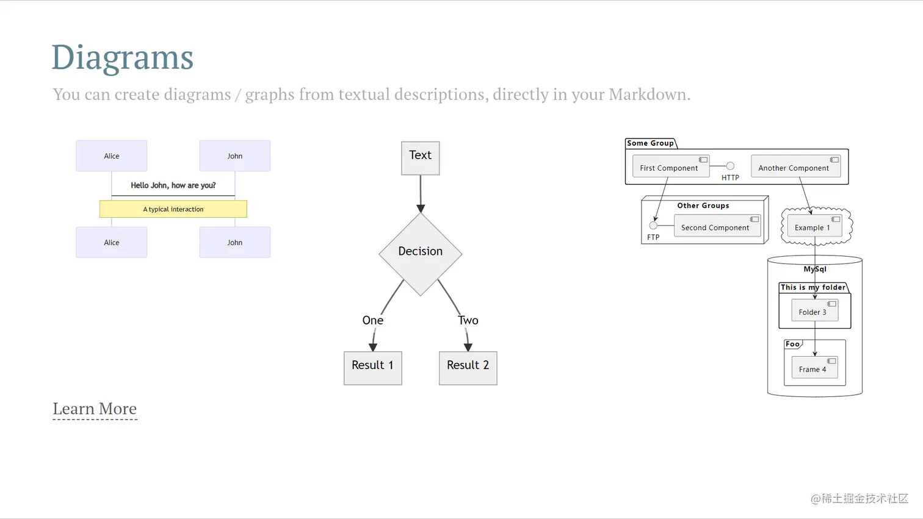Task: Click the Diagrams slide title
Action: [122, 57]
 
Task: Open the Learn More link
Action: [95, 409]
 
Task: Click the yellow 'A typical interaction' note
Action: [173, 209]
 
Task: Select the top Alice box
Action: [112, 156]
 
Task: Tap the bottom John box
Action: [235, 243]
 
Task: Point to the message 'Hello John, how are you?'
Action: [173, 185]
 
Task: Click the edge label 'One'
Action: [373, 320]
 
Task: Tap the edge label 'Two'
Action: [468, 320]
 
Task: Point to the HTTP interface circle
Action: [730, 166]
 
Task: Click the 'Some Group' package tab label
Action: [650, 143]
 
